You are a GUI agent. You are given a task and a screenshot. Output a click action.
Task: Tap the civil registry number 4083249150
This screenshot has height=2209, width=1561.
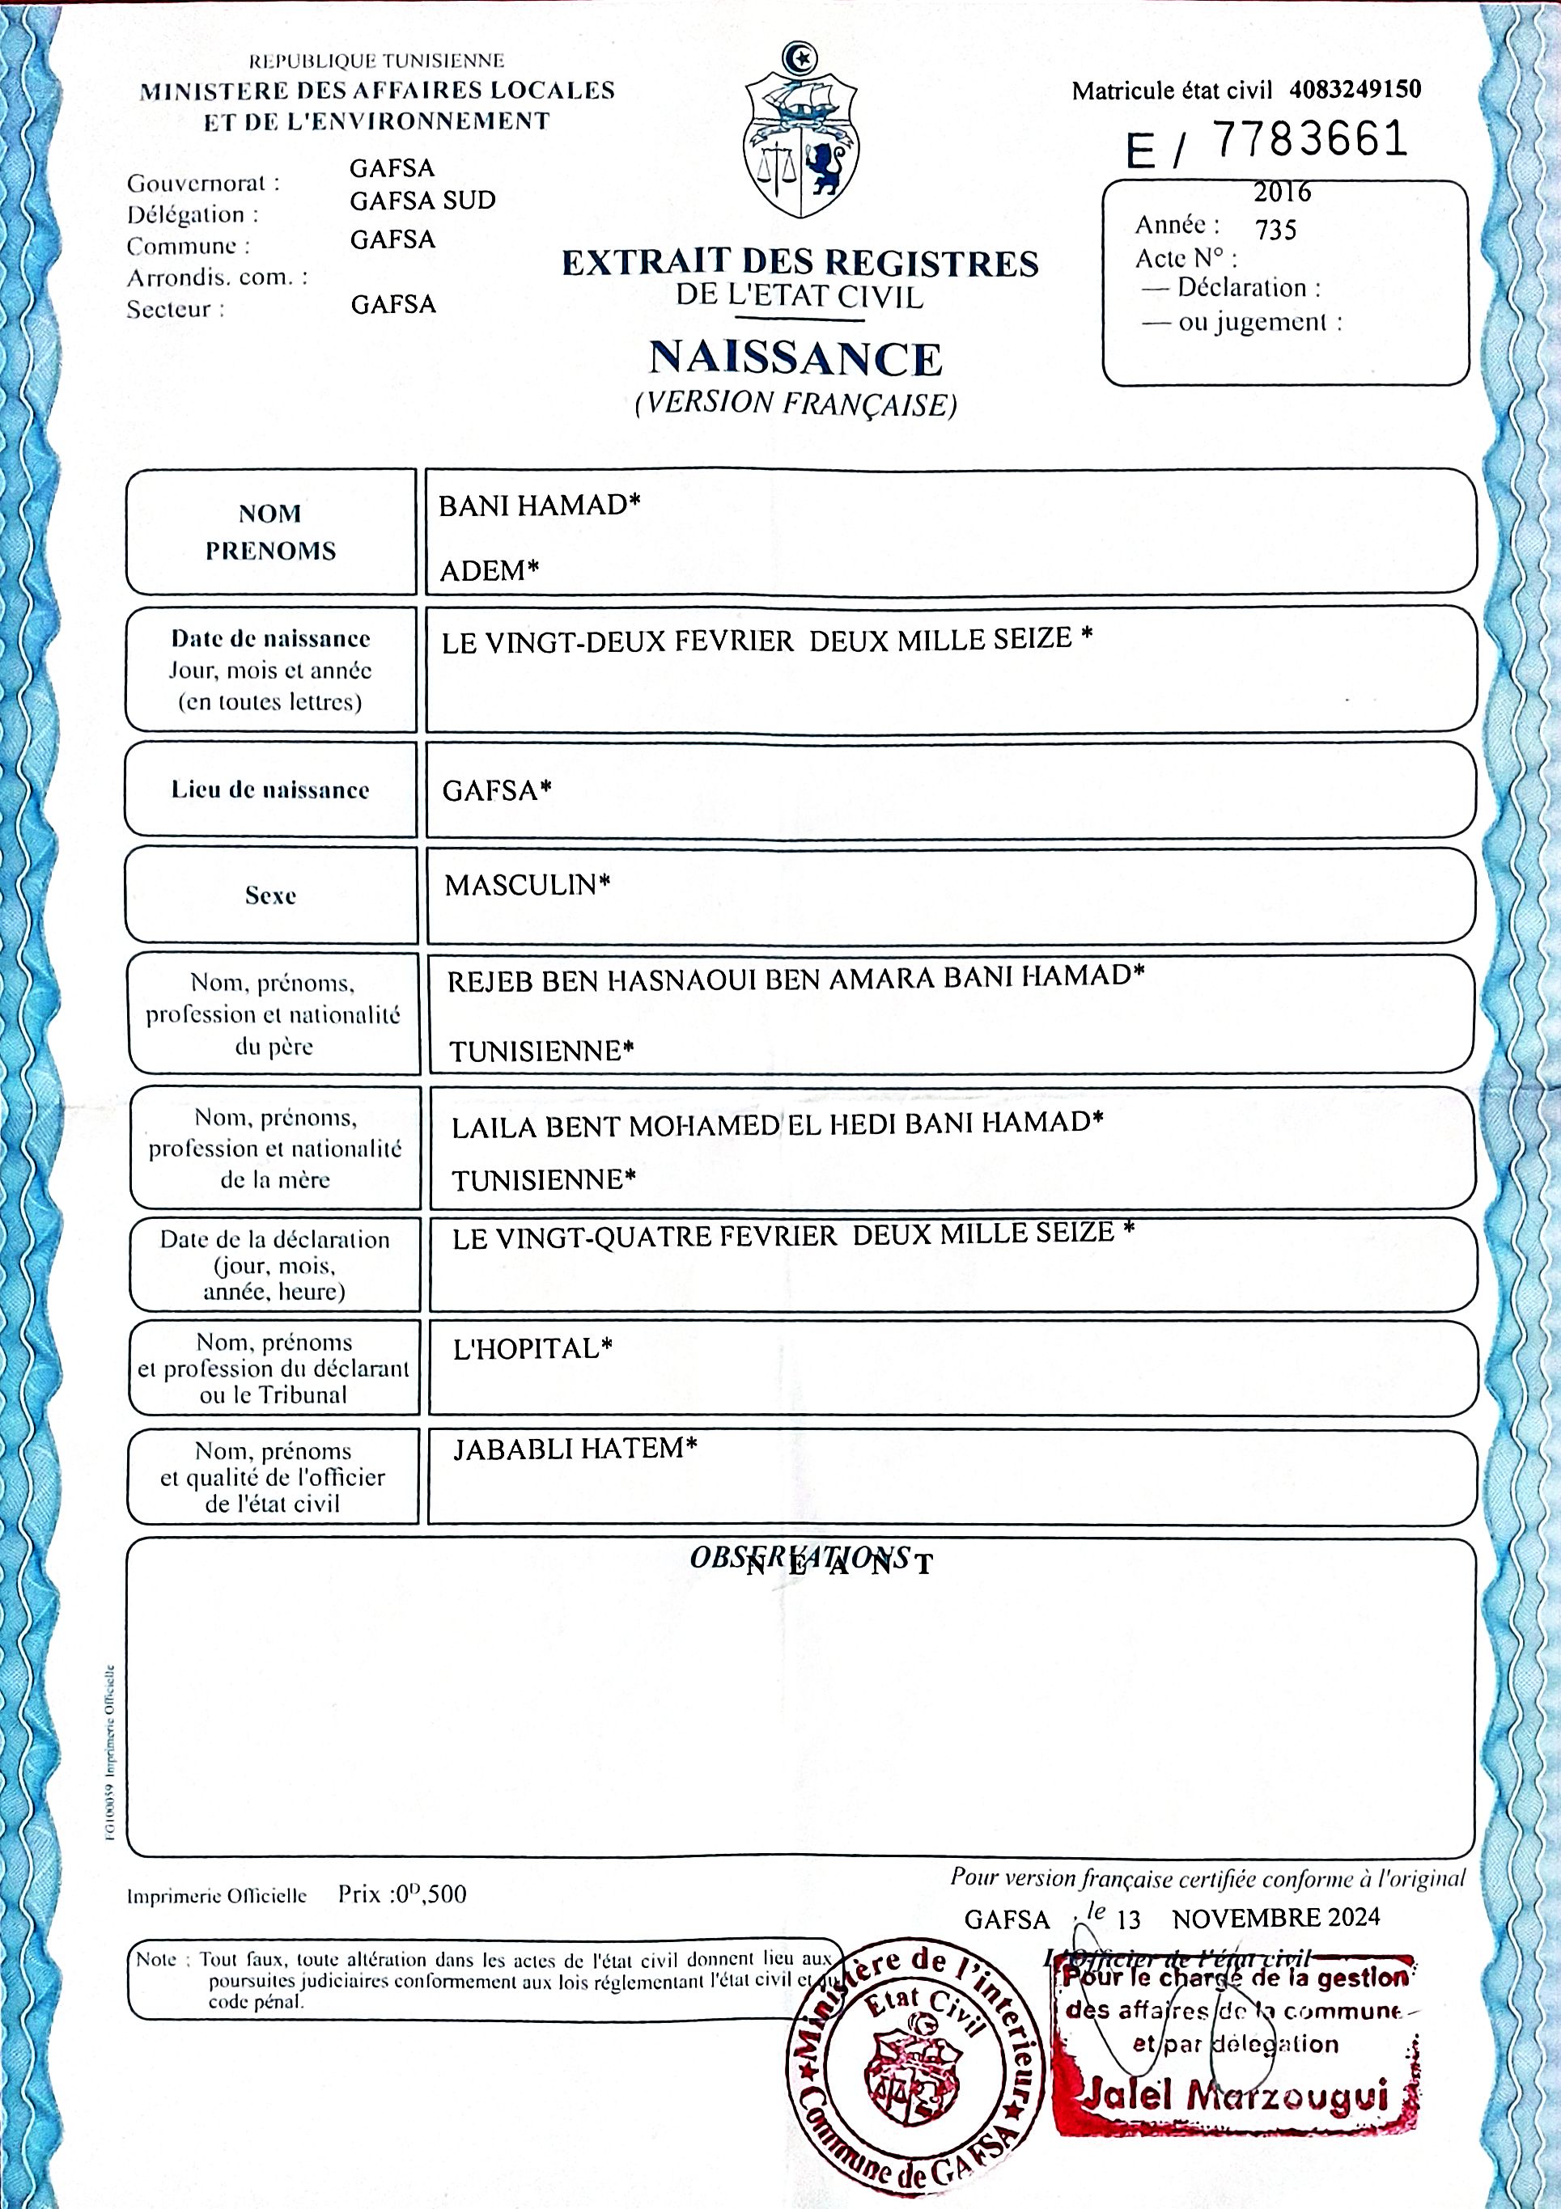click(1354, 90)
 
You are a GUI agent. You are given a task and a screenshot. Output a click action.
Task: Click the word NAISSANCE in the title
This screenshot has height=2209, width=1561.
click(795, 359)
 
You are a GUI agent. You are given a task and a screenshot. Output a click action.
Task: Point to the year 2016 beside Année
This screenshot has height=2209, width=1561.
click(1282, 193)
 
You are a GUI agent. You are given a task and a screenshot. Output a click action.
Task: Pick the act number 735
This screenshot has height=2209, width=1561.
click(1275, 230)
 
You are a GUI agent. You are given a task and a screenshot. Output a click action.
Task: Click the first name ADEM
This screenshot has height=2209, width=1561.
click(488, 570)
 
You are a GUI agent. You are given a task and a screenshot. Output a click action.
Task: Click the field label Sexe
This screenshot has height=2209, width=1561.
click(270, 895)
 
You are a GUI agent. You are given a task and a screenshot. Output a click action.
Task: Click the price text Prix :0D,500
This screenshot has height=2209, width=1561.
click(401, 1894)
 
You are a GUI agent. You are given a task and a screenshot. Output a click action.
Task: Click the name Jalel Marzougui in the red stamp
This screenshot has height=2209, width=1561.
click(1236, 2096)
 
